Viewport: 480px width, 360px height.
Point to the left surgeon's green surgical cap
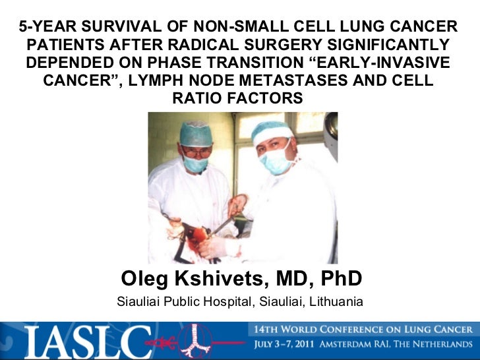click(196, 133)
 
